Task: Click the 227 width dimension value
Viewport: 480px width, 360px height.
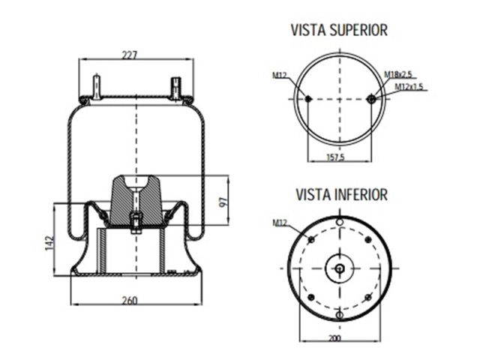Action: (x=130, y=55)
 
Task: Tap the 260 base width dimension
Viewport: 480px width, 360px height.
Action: (x=130, y=301)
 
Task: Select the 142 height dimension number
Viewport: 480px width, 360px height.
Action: (x=49, y=243)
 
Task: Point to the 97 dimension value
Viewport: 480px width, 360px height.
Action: (x=223, y=202)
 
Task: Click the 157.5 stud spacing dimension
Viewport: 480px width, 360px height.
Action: (x=336, y=157)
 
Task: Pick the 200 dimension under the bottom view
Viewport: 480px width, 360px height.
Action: (x=334, y=338)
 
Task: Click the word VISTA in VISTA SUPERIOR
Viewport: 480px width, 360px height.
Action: (x=308, y=30)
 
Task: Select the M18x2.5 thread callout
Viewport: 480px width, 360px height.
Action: (x=398, y=74)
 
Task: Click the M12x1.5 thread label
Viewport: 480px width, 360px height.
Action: (x=409, y=87)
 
